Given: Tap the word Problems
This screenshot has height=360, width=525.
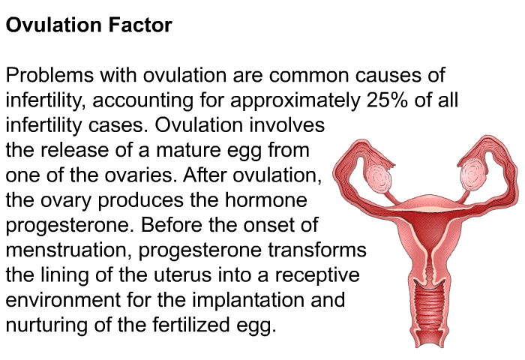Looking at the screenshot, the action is [x=49, y=75].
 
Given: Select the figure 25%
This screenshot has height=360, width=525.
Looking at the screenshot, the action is [x=387, y=100].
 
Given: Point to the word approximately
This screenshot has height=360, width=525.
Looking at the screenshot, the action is [x=295, y=101].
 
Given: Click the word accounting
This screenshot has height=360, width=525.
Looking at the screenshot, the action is [x=142, y=101].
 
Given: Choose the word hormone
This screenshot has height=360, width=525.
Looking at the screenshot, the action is [x=265, y=200].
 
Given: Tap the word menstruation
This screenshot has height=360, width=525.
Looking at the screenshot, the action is [x=69, y=250].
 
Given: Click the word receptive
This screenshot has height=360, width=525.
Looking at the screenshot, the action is [x=317, y=276].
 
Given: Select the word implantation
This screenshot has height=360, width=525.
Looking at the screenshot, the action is [x=248, y=301].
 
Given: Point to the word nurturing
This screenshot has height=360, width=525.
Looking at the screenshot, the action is [x=46, y=325].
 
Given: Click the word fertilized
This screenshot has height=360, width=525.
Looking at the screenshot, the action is [x=190, y=325].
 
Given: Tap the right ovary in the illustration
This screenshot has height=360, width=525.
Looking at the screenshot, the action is [x=472, y=174].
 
